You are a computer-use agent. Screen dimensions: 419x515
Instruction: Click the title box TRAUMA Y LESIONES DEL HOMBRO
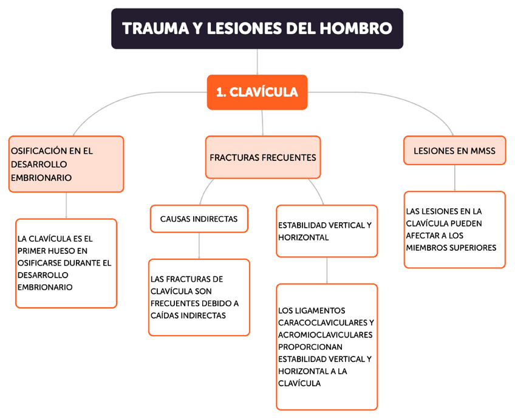click(257, 29)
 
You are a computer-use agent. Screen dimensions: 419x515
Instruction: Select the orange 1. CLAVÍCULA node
click(257, 92)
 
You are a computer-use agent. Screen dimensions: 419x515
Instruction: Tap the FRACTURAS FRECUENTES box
click(262, 157)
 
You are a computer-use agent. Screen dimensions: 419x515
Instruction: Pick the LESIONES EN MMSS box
click(454, 151)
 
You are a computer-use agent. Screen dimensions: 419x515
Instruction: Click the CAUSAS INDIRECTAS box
click(199, 219)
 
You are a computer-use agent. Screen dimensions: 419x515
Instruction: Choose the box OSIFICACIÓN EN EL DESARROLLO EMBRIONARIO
click(66, 164)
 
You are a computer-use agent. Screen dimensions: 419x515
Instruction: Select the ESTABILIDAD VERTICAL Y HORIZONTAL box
click(326, 231)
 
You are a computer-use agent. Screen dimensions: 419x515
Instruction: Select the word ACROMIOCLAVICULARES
click(325, 335)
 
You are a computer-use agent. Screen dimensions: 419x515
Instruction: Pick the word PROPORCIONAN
click(307, 347)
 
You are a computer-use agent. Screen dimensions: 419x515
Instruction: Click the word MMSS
click(483, 151)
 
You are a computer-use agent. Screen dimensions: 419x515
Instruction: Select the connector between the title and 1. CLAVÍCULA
click(257, 61)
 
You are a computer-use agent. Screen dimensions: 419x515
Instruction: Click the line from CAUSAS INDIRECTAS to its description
click(199, 246)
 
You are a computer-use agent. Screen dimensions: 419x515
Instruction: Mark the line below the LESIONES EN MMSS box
click(455, 178)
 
